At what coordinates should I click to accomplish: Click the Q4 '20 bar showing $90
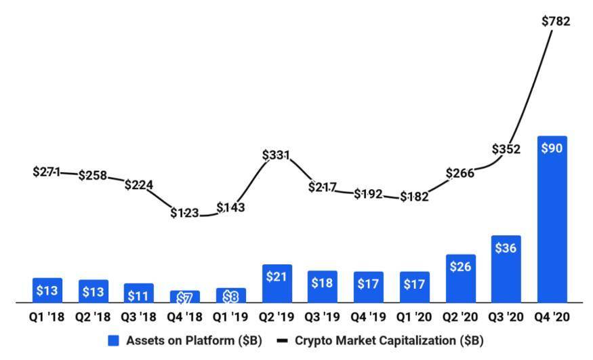pos(551,218)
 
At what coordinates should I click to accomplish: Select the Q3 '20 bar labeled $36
pos(506,268)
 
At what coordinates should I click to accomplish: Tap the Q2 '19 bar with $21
pos(276,283)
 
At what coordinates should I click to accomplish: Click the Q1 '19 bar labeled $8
pos(230,295)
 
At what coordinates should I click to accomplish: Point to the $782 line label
pos(556,22)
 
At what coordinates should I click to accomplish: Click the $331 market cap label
pos(276,155)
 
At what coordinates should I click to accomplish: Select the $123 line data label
pos(184,213)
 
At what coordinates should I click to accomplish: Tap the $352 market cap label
pos(506,149)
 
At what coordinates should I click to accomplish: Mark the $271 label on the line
pos(47,172)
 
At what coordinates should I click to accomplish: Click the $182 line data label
pos(413,197)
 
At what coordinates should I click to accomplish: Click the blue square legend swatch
pos(114,341)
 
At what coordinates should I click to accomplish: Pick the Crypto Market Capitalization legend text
pos(389,341)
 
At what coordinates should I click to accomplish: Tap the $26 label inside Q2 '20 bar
pos(460,266)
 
